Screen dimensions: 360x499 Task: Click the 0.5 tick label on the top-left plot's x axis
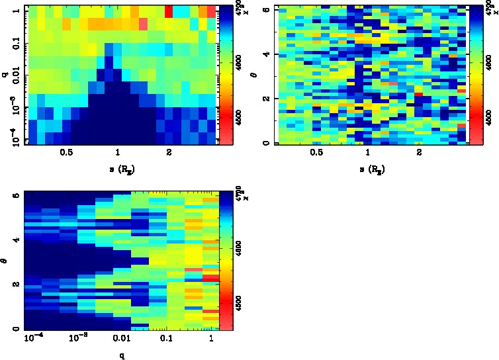tap(66, 152)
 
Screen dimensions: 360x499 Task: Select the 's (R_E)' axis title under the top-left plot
tap(118, 169)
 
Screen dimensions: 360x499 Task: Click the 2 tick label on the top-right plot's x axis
tap(420, 152)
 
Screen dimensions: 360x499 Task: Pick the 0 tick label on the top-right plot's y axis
tap(265, 143)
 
